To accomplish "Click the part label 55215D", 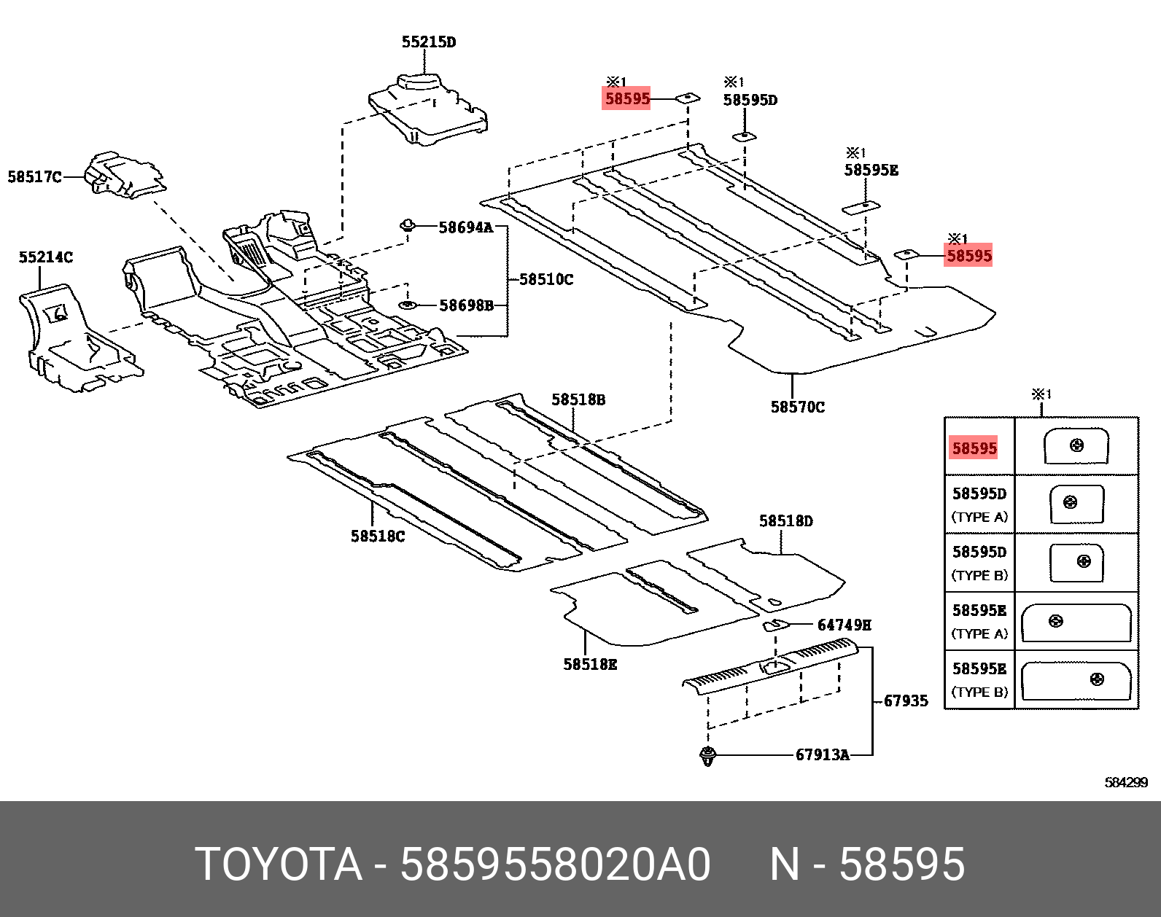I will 428,42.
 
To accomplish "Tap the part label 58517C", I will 34,176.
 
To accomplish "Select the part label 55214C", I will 45,257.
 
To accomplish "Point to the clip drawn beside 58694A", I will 408,225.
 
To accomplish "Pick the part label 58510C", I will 546,279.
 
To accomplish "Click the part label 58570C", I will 798,407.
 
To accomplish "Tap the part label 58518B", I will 578,399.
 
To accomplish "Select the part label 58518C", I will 378,536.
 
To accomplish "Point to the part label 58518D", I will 785,520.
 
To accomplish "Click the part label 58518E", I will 590,664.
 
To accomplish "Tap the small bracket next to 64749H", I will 776,625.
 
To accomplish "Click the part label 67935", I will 906,701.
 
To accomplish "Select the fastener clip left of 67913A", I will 707,755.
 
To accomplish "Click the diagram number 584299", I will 1126,782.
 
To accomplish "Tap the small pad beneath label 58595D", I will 744,136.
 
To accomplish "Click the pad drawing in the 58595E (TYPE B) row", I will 1076,680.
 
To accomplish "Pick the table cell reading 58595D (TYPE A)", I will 979,504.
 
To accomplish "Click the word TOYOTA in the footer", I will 279,865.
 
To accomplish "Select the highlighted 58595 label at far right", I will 968,255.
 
